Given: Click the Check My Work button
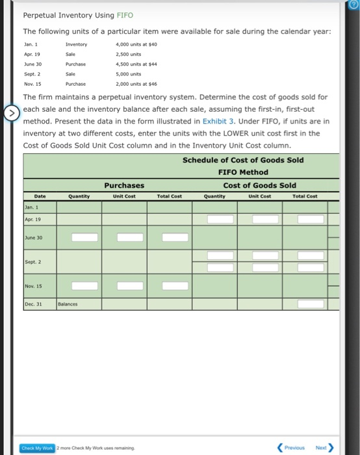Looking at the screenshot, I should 37,447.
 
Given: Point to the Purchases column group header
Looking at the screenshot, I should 124,185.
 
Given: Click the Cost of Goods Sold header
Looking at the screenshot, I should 259,185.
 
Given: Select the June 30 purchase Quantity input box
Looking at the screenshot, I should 84,237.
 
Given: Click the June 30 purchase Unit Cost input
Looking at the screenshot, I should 129,237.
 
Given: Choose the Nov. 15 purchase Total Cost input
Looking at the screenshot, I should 175,285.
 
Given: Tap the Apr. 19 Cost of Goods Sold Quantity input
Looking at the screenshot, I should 220,219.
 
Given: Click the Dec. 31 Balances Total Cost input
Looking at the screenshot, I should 311,304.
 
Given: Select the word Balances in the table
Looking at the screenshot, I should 68,304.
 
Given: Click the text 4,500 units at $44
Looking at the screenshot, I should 136,64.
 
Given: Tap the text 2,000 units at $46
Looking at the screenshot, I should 136,84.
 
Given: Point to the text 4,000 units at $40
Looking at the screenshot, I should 136,44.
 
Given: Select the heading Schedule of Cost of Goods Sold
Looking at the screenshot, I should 243,160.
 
